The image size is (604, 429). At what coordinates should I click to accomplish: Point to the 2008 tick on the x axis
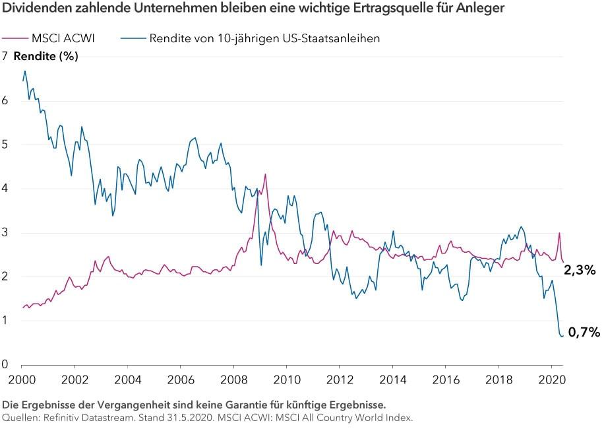pyautogui.click(x=233, y=380)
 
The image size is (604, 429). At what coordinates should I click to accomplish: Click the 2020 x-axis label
pyautogui.click(x=551, y=380)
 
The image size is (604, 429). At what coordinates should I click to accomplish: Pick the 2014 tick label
pyautogui.click(x=392, y=380)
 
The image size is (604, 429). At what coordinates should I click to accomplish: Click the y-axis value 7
pyautogui.click(x=5, y=56)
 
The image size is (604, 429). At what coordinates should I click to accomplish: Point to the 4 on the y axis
pyautogui.click(x=5, y=188)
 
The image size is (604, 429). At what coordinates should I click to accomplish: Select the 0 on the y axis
pyautogui.click(x=5, y=364)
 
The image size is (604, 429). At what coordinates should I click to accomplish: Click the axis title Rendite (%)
pyautogui.click(x=45, y=56)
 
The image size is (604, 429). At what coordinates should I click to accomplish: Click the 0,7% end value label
pyautogui.click(x=584, y=333)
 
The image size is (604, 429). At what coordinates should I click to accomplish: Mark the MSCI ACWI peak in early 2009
pyautogui.click(x=265, y=174)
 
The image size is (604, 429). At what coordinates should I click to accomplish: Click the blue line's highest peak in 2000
pyautogui.click(x=25, y=71)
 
